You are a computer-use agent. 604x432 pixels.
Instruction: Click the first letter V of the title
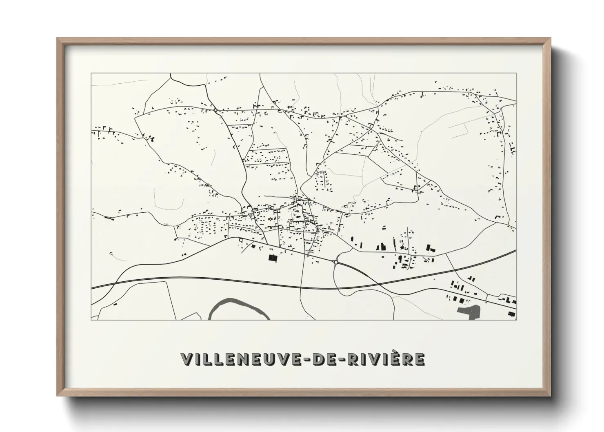pyautogui.click(x=188, y=359)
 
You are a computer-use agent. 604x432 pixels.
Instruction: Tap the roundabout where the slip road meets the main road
pyautogui.click(x=336, y=263)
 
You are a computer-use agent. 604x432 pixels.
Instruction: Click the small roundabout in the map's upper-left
pyautogui.click(x=215, y=109)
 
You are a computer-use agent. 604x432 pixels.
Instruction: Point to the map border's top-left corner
pyautogui.click(x=91, y=73)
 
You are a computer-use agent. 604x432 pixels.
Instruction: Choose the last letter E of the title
pyautogui.click(x=420, y=359)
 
